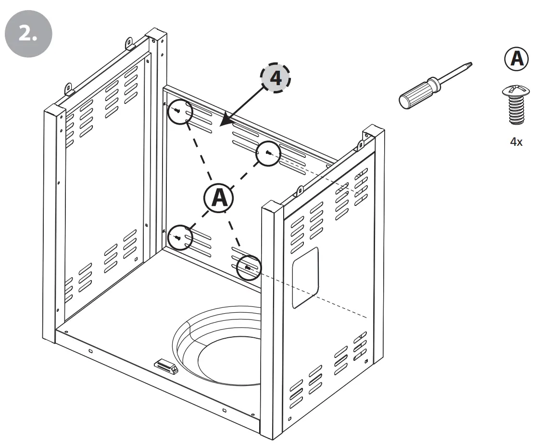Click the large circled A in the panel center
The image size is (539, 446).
point(218,197)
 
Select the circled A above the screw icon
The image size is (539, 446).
point(516,59)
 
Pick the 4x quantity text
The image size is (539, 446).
point(516,142)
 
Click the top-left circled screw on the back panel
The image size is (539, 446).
point(179,112)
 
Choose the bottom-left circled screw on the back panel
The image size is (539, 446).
point(179,237)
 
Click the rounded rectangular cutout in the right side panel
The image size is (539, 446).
point(305,278)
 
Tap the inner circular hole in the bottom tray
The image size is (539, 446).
point(229,361)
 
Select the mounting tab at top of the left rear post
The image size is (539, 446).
point(130,43)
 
